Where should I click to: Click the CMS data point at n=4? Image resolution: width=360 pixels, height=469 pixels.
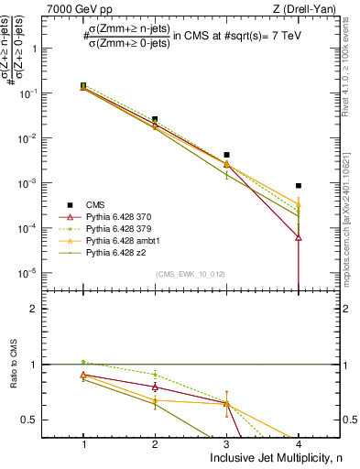point(298,186)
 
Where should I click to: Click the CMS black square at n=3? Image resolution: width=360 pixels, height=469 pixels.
point(226,155)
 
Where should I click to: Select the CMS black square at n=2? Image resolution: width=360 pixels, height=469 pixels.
point(155,119)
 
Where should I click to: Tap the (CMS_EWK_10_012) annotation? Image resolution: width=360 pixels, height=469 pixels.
point(190,274)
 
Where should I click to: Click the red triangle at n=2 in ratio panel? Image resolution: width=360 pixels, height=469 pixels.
point(155,387)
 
